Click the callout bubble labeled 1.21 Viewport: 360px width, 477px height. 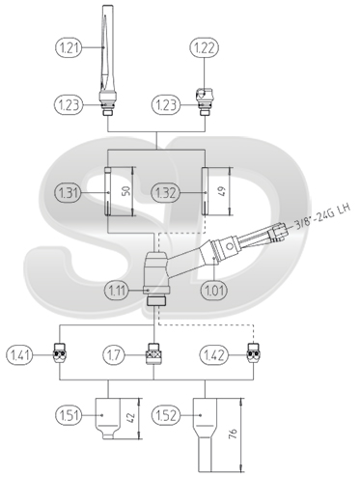pyautogui.click(x=69, y=47)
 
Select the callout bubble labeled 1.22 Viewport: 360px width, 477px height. pyautogui.click(x=205, y=47)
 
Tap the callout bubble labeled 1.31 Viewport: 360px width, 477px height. pyautogui.click(x=69, y=193)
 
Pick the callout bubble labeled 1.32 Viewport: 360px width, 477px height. pyautogui.click(x=165, y=193)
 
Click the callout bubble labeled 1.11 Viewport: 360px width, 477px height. pyautogui.click(x=117, y=291)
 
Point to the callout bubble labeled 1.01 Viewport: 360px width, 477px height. pyautogui.click(x=214, y=291)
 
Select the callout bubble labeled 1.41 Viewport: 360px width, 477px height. pyautogui.click(x=20, y=355)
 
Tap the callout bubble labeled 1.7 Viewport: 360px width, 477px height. pyautogui.click(x=117, y=355)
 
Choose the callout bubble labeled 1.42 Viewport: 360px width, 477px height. pyautogui.click(x=214, y=355)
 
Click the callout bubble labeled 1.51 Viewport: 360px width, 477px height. pyautogui.click(x=69, y=415)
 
